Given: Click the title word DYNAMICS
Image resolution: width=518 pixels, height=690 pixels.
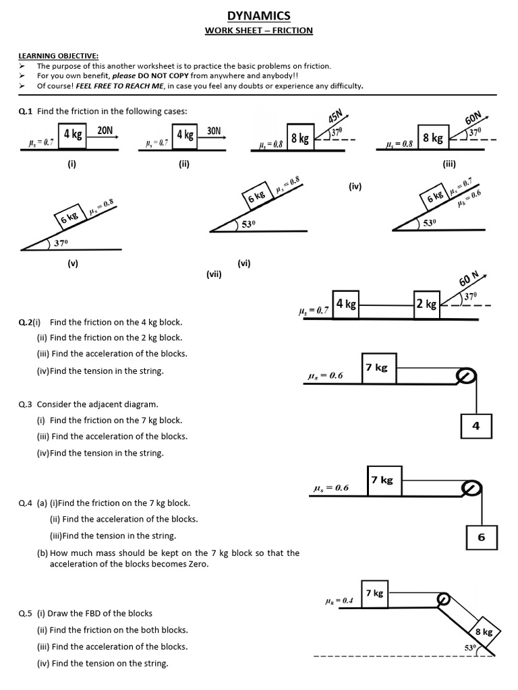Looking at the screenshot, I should tap(259, 15).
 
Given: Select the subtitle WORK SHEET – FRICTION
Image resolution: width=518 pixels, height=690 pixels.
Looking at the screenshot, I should tap(259, 30).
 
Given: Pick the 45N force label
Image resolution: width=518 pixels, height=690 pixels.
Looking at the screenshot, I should tap(335, 116).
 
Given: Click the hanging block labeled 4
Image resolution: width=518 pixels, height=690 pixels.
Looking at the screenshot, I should tap(476, 426).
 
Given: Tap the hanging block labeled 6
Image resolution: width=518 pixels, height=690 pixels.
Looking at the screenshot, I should tap(481, 537).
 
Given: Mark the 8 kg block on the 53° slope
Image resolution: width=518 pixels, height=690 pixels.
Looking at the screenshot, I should tap(484, 631).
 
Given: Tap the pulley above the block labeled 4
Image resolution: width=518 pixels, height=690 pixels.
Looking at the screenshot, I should tap(465, 377).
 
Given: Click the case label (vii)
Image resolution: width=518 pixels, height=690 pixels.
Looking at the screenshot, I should tap(214, 274).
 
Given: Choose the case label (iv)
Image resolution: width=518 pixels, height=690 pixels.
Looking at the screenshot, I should tap(355, 186).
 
